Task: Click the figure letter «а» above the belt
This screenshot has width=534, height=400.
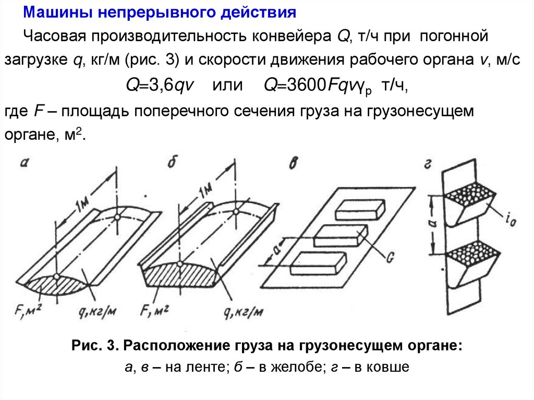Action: (x=24, y=163)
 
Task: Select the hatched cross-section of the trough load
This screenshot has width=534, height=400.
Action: (x=180, y=273)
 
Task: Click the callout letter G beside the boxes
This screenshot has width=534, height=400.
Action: (x=390, y=257)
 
